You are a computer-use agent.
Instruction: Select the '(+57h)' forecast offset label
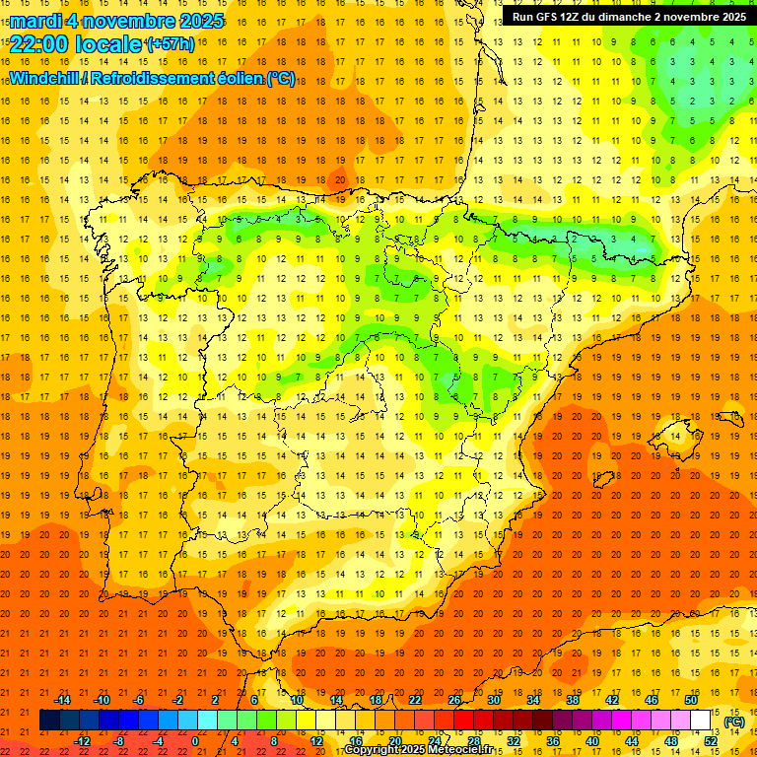(x=172, y=43)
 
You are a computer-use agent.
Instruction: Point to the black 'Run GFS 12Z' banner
(x=628, y=17)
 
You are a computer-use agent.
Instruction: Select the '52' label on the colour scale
(x=711, y=740)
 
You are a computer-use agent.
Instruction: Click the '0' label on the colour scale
(x=195, y=740)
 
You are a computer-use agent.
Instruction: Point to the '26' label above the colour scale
(x=454, y=700)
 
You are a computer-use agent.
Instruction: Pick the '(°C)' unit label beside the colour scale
(x=734, y=722)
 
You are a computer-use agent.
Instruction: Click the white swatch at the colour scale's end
(x=701, y=721)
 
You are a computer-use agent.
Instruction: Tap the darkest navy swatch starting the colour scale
(x=49, y=721)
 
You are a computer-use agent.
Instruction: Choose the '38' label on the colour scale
(x=573, y=700)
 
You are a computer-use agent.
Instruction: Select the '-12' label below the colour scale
(x=82, y=740)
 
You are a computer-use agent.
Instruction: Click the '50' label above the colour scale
(x=691, y=700)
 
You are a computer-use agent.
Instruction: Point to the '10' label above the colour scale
(x=297, y=700)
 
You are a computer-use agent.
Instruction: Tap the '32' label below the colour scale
(x=514, y=740)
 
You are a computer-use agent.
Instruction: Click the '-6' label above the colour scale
(x=139, y=700)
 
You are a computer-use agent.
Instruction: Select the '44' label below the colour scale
(x=632, y=740)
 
